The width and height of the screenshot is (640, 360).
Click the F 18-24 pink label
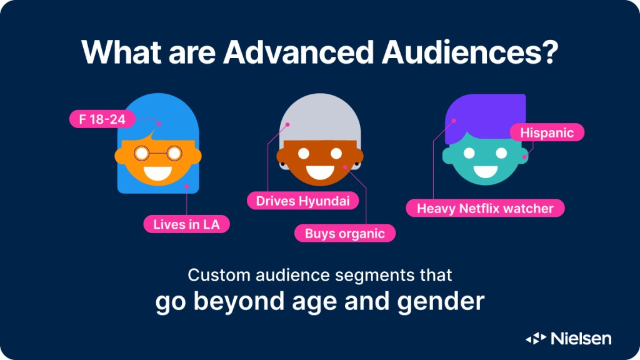(102, 119)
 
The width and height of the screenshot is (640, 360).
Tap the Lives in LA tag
(186, 224)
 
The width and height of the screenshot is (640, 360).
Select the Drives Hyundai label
(303, 201)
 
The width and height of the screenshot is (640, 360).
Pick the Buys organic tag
(345, 234)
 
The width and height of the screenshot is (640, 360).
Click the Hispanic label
(547, 132)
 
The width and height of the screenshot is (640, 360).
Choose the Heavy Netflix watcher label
(485, 209)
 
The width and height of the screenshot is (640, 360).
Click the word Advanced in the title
(298, 52)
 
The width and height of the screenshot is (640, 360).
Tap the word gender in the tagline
(441, 302)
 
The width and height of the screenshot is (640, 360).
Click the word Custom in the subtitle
(219, 275)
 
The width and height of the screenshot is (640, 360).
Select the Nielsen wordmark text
(581, 338)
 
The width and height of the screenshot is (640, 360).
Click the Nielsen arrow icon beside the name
(536, 338)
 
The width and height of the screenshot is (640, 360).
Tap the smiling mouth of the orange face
(157, 173)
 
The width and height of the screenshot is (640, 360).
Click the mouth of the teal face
(485, 171)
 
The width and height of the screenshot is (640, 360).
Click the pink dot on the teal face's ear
(524, 157)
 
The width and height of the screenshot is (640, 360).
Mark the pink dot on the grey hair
(287, 124)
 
